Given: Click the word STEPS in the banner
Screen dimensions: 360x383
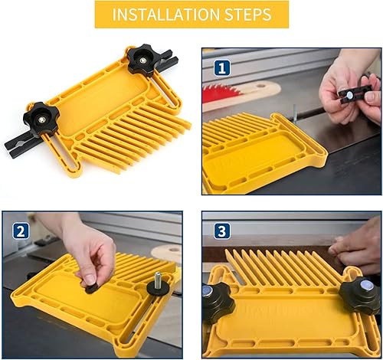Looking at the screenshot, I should [x=246, y=15].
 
